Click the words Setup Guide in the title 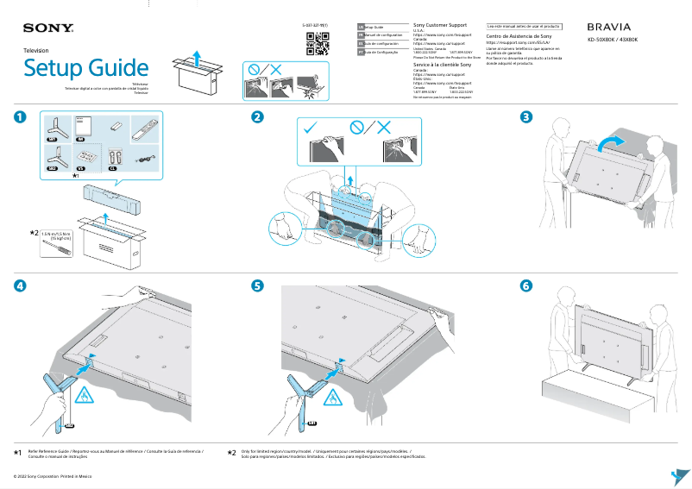coord(85,67)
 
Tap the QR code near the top coord(318,41)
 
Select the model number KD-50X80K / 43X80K coord(612,41)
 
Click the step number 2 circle coord(257,117)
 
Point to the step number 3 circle coord(525,117)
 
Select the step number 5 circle coord(257,285)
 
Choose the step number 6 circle coord(525,285)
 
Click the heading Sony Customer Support coord(441,26)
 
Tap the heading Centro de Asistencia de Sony coord(519,37)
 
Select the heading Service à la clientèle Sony coord(443,65)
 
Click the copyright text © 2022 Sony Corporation coord(48,476)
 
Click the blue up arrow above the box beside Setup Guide coord(198,57)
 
